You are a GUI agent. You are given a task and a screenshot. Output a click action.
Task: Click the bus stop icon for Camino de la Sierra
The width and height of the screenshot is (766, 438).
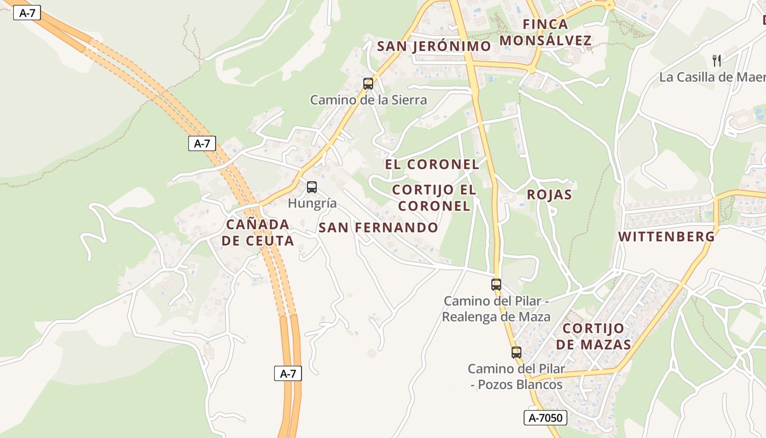(368, 84)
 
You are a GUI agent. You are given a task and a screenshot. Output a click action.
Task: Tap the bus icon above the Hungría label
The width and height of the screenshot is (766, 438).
(311, 187)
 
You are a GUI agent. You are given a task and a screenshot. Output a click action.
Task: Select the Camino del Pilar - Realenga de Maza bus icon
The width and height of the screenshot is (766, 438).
(496, 285)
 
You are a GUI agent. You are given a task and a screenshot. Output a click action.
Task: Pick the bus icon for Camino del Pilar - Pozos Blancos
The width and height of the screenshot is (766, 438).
(516, 353)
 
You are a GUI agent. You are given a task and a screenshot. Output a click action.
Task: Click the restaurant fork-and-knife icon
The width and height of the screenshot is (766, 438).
(717, 60)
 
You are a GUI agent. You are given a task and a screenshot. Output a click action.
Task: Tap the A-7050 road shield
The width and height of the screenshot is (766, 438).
(546, 418)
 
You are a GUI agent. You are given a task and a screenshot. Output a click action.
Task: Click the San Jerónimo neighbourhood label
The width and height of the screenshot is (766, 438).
(434, 47)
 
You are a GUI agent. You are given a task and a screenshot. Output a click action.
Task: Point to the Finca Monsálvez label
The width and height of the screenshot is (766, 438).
(546, 32)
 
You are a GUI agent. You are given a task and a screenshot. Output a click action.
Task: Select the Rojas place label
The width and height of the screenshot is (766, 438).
(549, 195)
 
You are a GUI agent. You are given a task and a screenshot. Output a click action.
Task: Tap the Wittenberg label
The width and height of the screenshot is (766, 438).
(666, 237)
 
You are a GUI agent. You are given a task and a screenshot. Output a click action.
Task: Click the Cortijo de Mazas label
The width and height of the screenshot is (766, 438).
(593, 336)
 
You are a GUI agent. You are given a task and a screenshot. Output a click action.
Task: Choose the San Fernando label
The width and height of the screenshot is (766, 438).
(378, 228)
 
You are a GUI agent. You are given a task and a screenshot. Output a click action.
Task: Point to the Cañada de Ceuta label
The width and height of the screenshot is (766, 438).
(258, 232)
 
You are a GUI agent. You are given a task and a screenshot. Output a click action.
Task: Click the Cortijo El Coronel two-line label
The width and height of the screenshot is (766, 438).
(434, 198)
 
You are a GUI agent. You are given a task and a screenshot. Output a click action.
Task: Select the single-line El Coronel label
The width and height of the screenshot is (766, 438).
(432, 164)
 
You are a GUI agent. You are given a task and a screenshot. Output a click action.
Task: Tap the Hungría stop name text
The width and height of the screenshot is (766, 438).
(312, 204)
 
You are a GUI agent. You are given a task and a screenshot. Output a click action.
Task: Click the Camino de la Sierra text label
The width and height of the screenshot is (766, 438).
(368, 100)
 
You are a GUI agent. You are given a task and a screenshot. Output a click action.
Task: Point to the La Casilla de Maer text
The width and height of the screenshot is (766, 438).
(712, 77)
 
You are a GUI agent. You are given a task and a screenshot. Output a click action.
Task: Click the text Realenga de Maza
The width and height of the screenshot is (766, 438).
(496, 317)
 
